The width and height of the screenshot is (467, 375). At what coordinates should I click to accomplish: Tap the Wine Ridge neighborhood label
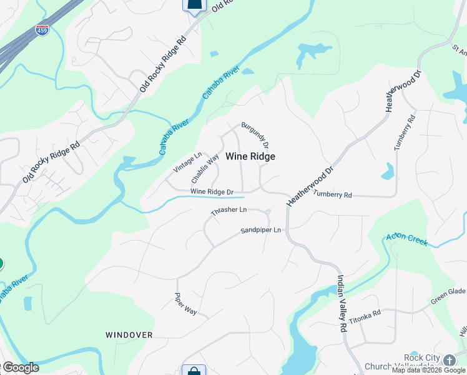[x=250, y=156]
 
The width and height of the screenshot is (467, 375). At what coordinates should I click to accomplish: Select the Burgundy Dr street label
[x=255, y=135]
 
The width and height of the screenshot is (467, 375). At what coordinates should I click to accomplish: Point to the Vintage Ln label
[x=188, y=162]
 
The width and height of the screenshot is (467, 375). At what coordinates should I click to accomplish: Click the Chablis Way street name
[x=205, y=169]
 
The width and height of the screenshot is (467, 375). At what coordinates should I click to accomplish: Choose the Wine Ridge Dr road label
[x=212, y=191]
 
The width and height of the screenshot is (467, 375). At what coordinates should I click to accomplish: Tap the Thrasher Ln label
[x=229, y=211]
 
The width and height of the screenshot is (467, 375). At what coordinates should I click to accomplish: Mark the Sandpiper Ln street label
[x=261, y=231]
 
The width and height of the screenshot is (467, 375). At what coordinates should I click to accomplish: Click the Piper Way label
[x=185, y=304]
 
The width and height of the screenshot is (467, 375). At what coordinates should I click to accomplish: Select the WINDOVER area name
[x=129, y=335]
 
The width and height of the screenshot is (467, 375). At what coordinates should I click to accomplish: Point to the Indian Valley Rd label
[x=342, y=302]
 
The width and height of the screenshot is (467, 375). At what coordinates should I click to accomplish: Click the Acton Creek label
[x=406, y=239]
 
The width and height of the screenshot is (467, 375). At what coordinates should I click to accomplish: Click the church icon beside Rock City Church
[x=450, y=360]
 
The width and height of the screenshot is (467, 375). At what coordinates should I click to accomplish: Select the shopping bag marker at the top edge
[x=194, y=5]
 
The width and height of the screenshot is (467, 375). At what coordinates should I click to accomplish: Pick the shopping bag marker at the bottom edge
[x=194, y=370]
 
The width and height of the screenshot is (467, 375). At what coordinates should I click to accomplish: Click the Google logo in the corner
[x=20, y=367]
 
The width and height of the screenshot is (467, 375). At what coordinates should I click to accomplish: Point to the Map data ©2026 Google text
[x=428, y=370]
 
